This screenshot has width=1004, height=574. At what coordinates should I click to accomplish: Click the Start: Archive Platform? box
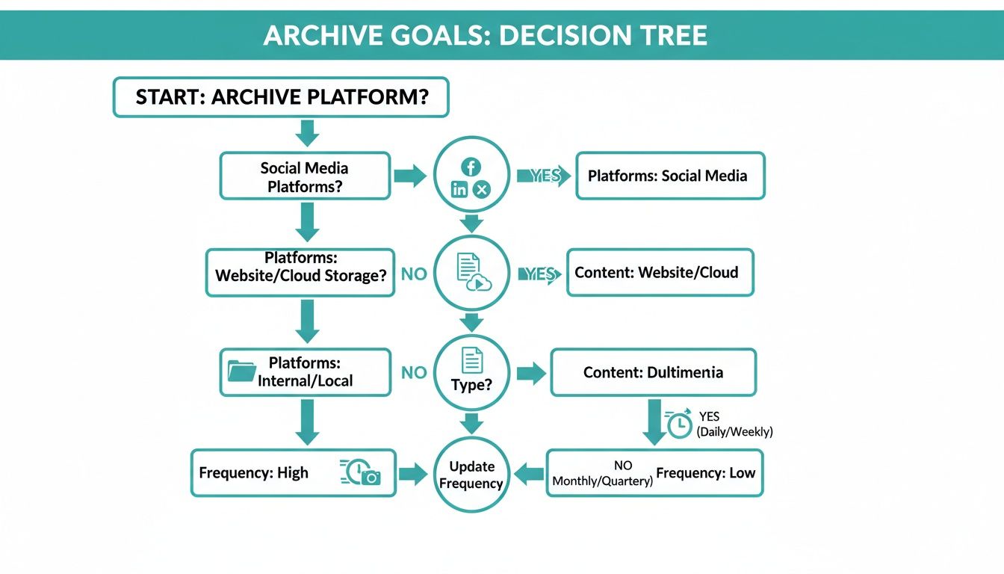(281, 97)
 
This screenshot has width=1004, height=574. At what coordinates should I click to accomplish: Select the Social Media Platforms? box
(305, 176)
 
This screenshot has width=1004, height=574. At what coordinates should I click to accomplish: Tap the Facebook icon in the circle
(471, 167)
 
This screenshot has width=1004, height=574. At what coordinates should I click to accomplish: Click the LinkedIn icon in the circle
(459, 190)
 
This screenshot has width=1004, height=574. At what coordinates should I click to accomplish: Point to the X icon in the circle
(482, 190)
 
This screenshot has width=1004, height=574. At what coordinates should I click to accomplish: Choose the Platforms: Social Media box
(670, 176)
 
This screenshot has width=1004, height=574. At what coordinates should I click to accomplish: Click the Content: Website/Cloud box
(660, 272)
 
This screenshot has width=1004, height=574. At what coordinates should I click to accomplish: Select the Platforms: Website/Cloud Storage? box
(300, 272)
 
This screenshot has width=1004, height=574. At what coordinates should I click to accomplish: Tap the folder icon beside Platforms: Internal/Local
(241, 371)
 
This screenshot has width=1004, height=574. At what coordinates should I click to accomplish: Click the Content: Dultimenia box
(653, 371)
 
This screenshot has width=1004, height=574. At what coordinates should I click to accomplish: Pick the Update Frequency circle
(471, 475)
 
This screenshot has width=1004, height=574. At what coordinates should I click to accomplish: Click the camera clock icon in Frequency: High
(362, 473)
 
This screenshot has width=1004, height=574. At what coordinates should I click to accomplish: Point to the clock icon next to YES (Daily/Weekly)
(679, 424)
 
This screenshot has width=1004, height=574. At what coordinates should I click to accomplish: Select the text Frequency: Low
(706, 473)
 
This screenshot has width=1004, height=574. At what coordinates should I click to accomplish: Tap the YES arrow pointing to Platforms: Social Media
(544, 176)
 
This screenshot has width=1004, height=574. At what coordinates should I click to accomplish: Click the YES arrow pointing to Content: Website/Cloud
(540, 274)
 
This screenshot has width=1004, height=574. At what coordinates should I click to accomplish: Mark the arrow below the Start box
(307, 133)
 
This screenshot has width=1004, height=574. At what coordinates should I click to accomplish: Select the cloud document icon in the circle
(471, 272)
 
